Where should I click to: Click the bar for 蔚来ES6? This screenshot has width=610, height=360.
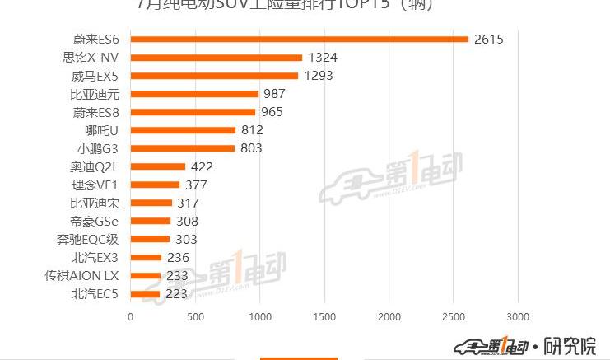[299, 39]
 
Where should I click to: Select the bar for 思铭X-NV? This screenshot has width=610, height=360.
[217, 57]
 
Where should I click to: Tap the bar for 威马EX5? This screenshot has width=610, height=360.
[214, 76]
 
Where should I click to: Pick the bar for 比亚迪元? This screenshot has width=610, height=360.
[194, 94]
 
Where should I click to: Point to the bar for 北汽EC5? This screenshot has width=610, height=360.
[145, 293]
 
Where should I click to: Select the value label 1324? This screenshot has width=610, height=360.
[322, 58]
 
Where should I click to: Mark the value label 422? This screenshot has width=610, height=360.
[202, 166]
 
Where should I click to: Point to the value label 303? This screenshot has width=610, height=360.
[186, 239]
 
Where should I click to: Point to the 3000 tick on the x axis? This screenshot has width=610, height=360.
[518, 316]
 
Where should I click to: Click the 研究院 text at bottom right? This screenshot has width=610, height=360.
[570, 345]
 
